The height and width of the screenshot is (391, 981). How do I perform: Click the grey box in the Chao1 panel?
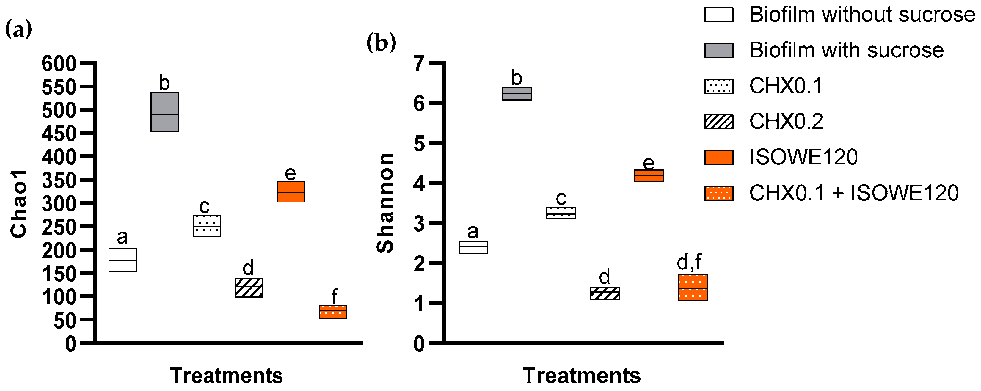click(x=164, y=112)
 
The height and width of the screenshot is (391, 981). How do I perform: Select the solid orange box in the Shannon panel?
click(x=649, y=175)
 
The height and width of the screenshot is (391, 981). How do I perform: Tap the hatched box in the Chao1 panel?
click(x=248, y=288)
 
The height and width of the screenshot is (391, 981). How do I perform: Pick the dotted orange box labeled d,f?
click(x=692, y=287)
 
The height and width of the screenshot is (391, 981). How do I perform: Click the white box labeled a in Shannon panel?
click(x=473, y=247)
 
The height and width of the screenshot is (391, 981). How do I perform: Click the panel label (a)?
click(x=18, y=30)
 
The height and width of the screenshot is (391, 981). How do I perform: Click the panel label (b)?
click(x=381, y=42)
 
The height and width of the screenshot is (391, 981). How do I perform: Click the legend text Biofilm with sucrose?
click(x=846, y=50)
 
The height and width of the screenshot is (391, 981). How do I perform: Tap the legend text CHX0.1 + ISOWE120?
click(x=854, y=193)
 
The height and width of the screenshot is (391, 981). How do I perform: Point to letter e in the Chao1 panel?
click(x=290, y=174)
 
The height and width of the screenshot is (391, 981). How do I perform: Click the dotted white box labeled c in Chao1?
click(x=206, y=226)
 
